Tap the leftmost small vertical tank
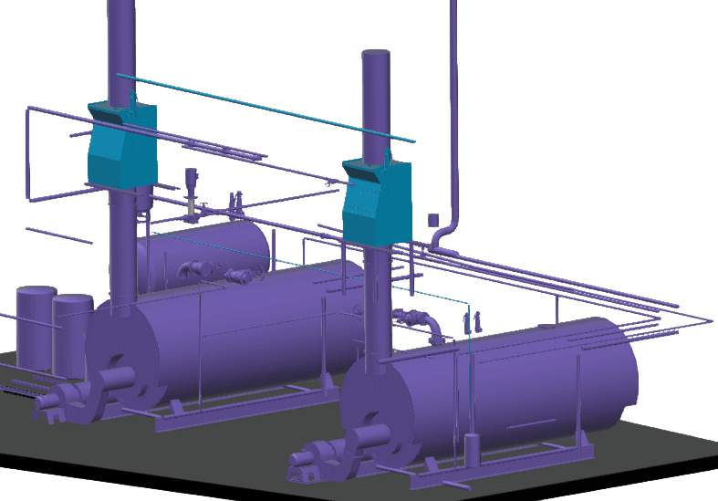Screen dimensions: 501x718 pyautogui.click(x=35, y=327)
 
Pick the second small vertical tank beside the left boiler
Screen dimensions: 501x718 pyautogui.click(x=71, y=333)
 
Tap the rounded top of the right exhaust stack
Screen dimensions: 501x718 pyautogui.click(x=377, y=57)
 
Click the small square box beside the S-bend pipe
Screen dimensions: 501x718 pyautogui.click(x=433, y=220)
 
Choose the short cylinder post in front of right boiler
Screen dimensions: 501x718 pyautogui.click(x=473, y=449)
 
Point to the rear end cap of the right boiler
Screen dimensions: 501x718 pyautogui.click(x=620, y=374)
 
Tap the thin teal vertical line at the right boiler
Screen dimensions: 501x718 pyautogui.click(x=467, y=383)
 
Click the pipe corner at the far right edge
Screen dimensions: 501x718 pyautogui.click(x=707, y=321)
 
